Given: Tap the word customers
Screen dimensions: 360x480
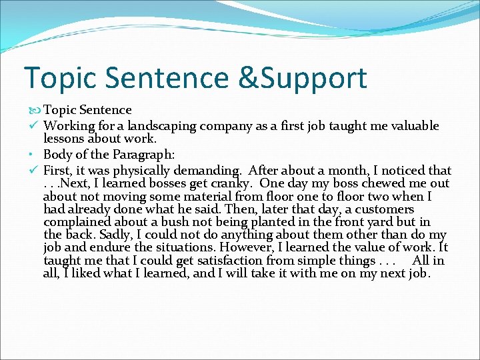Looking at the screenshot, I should point(385,209).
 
